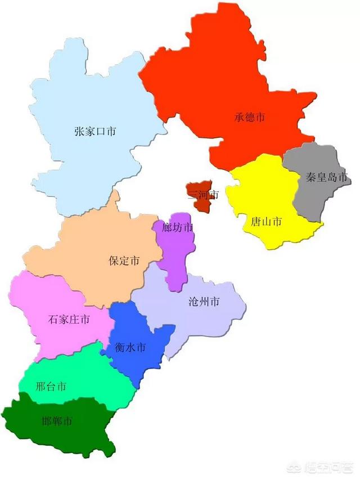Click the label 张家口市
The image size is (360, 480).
point(95,132)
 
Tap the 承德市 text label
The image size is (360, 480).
point(250,118)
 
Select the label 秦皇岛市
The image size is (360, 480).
point(327,178)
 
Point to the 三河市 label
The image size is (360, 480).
point(203,195)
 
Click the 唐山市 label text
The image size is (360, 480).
point(266,222)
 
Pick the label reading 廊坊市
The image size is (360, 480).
point(177,227)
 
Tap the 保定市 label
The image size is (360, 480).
point(124,261)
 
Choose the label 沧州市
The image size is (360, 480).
point(204,302)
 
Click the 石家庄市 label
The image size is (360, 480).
point(69,320)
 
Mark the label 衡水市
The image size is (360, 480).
point(130,348)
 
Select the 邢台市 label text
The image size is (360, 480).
point(51,387)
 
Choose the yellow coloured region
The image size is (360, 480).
point(264,191)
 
